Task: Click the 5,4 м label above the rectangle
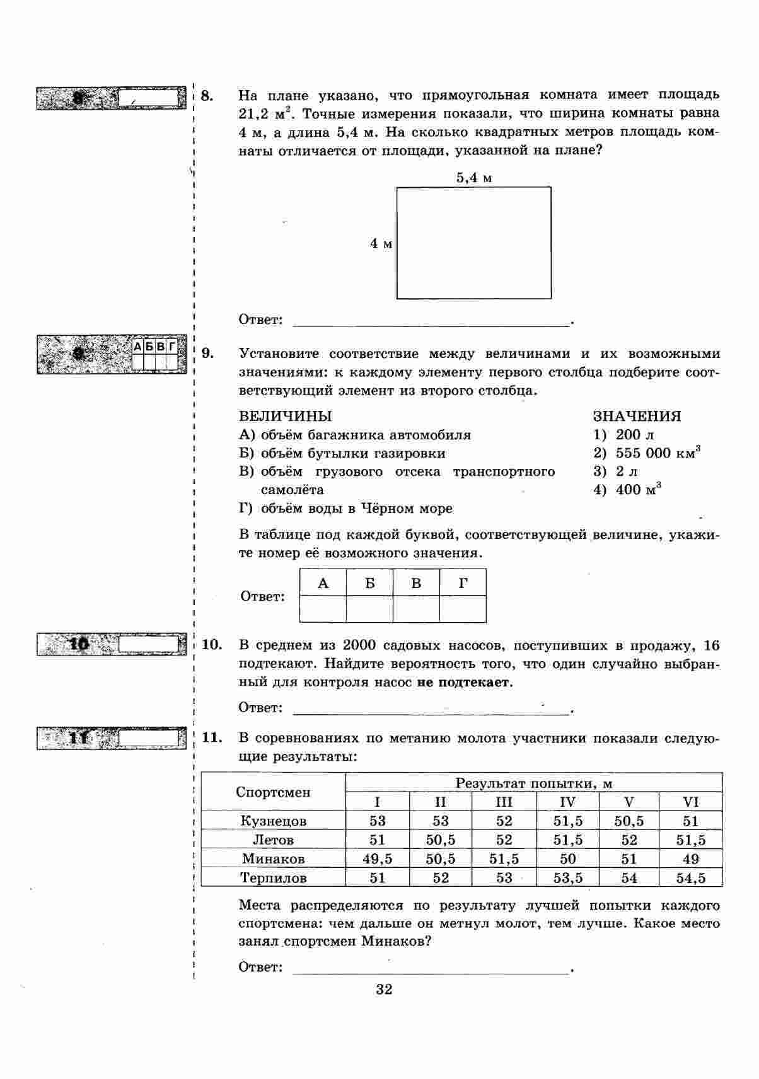[474, 178]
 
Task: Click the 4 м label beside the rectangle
[381, 243]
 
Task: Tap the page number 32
[384, 989]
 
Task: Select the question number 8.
[207, 96]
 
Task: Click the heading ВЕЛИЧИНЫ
[285, 416]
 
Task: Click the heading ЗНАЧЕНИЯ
[637, 416]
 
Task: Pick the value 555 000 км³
[658, 453]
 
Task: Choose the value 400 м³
[638, 490]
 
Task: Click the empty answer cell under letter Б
[369, 609]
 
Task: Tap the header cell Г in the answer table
[463, 583]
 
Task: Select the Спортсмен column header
[273, 792]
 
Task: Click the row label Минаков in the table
[273, 858]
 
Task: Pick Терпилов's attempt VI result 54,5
[690, 878]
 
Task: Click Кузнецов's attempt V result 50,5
[629, 821]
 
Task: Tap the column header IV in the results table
[567, 802]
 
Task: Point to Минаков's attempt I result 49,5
[377, 858]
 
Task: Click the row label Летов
[273, 840]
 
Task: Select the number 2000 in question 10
[360, 645]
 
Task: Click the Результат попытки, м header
[533, 783]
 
